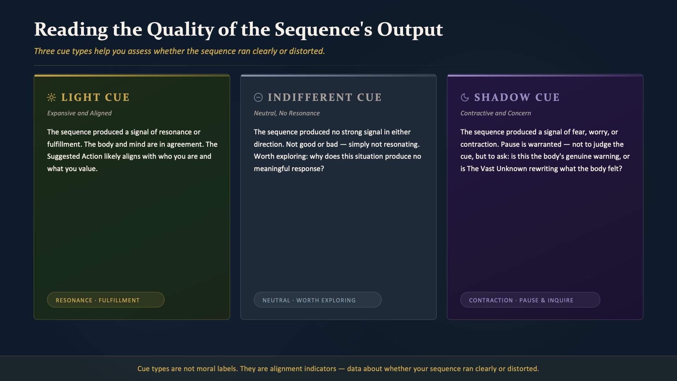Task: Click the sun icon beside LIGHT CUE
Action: (51, 97)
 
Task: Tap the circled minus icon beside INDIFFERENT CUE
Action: (258, 97)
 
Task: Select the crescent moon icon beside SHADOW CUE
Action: (465, 97)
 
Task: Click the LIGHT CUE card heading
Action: (95, 97)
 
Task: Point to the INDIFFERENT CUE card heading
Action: (324, 97)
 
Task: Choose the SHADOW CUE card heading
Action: (517, 97)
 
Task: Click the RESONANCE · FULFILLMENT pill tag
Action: (106, 300)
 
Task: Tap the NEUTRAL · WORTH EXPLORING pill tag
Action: (318, 300)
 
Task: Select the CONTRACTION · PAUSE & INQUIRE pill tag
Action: (530, 300)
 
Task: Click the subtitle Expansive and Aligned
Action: (79, 113)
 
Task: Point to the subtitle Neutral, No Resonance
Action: (287, 113)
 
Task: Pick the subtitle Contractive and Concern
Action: (495, 113)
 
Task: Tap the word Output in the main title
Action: (410, 30)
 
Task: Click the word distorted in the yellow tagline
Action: (307, 51)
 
